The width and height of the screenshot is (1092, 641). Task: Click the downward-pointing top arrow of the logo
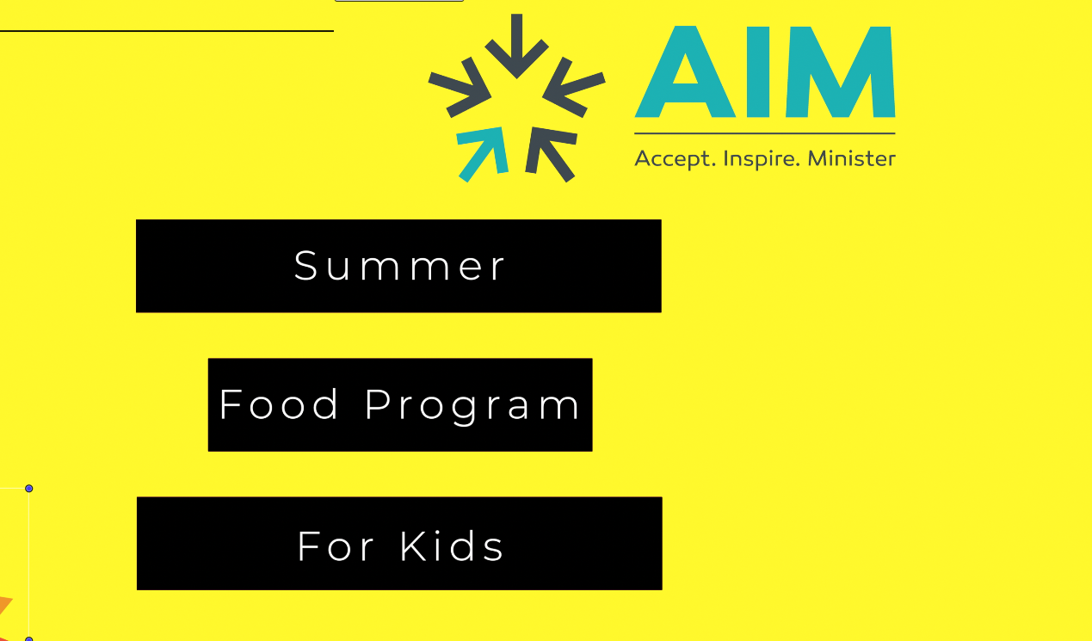click(517, 46)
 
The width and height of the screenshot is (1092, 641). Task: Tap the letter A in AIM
click(686, 71)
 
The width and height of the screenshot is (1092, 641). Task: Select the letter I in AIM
click(759, 71)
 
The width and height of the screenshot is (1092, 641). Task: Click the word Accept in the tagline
click(676, 159)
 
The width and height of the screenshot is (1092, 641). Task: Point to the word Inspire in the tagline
click(762, 159)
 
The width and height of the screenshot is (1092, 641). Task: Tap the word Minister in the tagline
click(852, 158)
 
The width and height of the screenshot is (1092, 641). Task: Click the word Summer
click(399, 266)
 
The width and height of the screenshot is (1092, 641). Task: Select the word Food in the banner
click(278, 404)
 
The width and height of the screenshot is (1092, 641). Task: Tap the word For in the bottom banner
click(336, 546)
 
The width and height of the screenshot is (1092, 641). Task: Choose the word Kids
click(452, 546)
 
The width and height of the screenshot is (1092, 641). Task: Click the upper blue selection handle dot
click(28, 489)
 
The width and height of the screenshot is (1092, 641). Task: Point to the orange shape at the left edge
click(4, 606)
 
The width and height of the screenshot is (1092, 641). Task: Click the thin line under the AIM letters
click(765, 133)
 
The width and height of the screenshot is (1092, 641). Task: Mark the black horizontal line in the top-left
click(167, 31)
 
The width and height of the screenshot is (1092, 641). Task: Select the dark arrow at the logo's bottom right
click(550, 152)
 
